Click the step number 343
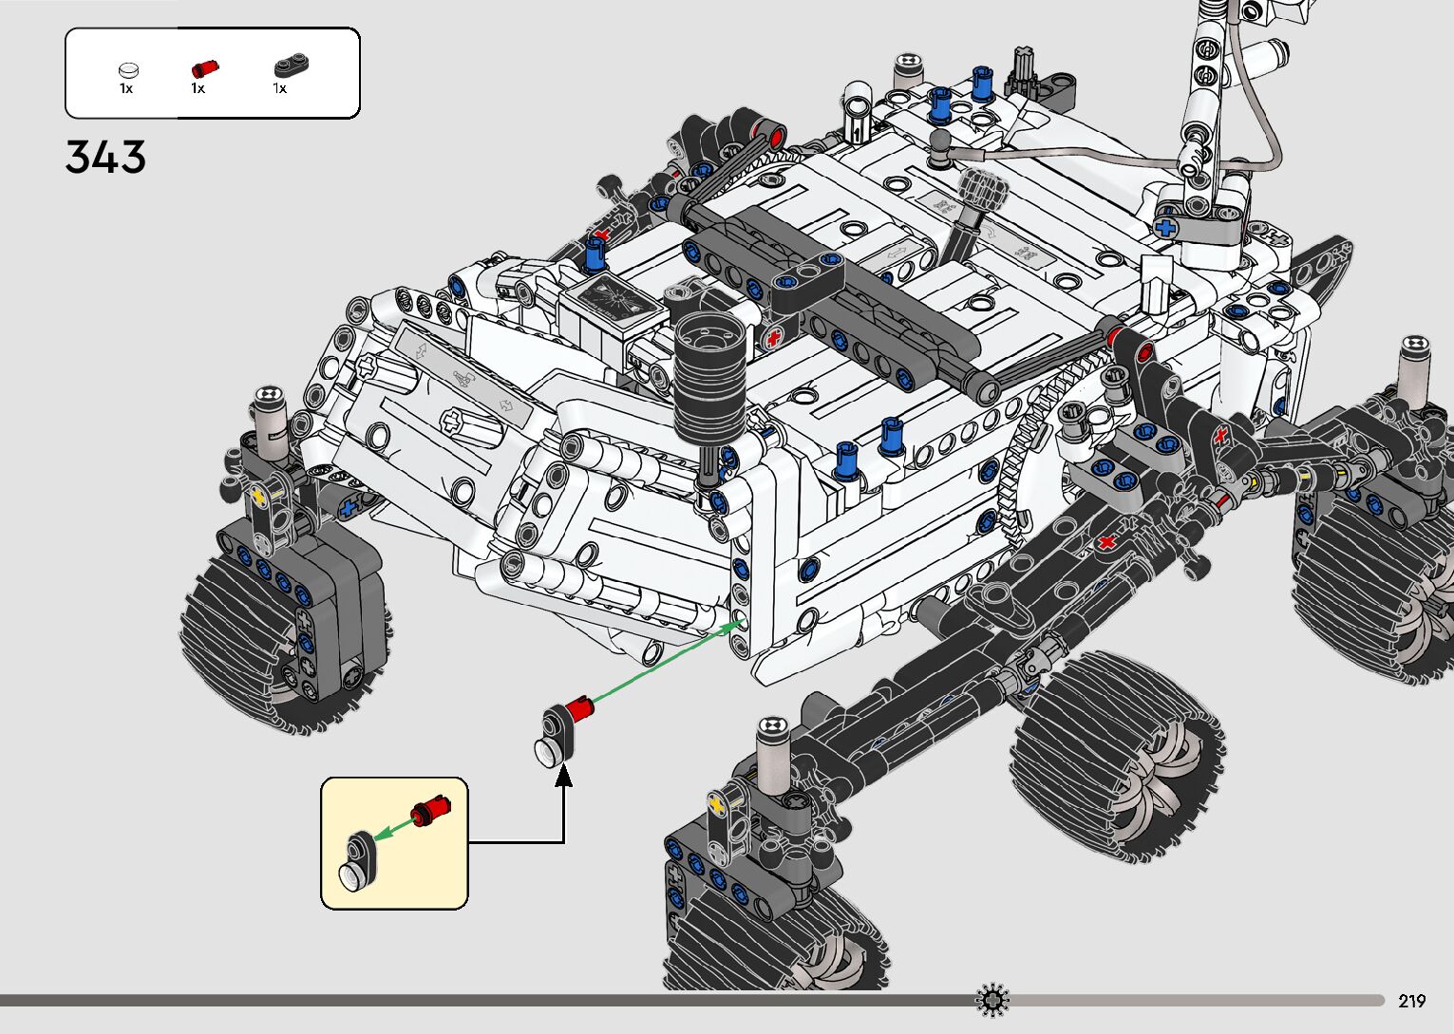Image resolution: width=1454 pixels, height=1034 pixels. pyautogui.click(x=105, y=157)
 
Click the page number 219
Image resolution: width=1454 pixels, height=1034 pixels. pyautogui.click(x=1412, y=1000)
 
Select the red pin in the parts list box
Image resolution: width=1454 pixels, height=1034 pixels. pyautogui.click(x=205, y=68)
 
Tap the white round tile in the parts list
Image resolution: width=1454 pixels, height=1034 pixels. pyautogui.click(x=128, y=69)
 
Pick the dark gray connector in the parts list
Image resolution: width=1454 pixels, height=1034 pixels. pyautogui.click(x=291, y=66)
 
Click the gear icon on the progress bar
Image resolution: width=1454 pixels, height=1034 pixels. pyautogui.click(x=992, y=1000)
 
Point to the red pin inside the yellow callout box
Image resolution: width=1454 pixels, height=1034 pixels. pyautogui.click(x=430, y=809)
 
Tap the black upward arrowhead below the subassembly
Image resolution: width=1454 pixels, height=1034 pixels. pyautogui.click(x=563, y=775)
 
